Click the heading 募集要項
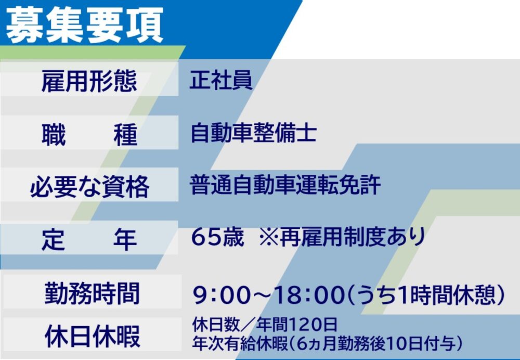point(85,25)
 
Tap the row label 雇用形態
point(89,81)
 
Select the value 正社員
point(221,80)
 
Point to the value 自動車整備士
point(253,133)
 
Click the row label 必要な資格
point(89,186)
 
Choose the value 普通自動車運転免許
point(285,185)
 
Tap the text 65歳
point(217,237)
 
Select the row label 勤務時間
point(92,293)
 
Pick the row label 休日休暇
point(92,336)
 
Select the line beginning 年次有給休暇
point(327,344)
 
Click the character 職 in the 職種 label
point(54,134)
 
